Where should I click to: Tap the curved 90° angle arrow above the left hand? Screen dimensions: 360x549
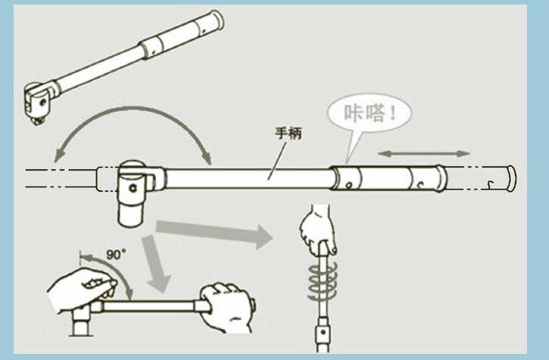(121, 273)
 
